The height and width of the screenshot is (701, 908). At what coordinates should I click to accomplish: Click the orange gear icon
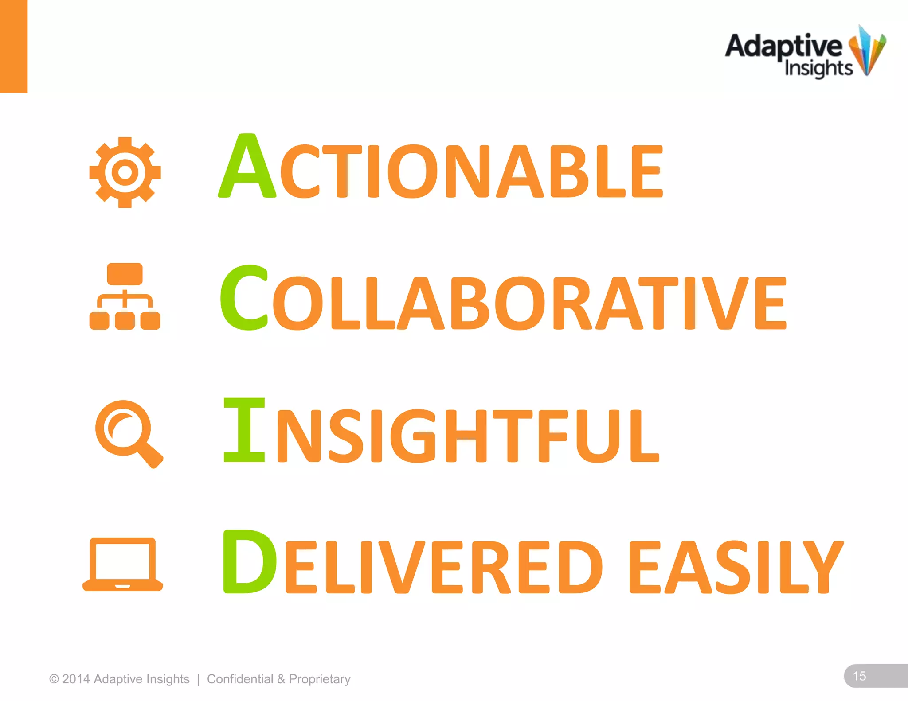coord(125,172)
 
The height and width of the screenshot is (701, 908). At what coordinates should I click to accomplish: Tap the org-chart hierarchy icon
coord(125,296)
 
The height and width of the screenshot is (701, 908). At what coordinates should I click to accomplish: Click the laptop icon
coord(123,564)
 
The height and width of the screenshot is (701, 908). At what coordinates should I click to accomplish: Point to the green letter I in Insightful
coord(244,429)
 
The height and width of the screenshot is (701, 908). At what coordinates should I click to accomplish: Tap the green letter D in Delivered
coord(249,561)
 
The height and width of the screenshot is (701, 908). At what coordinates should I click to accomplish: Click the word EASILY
coord(736,568)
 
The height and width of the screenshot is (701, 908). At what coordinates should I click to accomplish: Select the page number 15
coord(859,676)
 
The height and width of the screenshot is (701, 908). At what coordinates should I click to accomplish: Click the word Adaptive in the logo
coord(783,47)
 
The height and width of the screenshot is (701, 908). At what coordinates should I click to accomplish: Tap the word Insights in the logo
coord(818,69)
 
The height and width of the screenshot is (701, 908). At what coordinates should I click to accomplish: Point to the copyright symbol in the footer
coord(54,679)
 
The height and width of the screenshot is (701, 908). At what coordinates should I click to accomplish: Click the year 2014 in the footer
coord(76,679)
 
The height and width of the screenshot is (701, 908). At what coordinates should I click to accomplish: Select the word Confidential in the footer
coord(240,679)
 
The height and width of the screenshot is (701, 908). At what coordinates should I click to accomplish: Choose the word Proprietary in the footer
coord(320,679)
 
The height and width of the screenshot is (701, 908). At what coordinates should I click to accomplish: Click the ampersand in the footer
coord(281,679)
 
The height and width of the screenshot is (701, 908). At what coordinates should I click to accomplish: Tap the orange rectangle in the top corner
coord(14,46)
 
